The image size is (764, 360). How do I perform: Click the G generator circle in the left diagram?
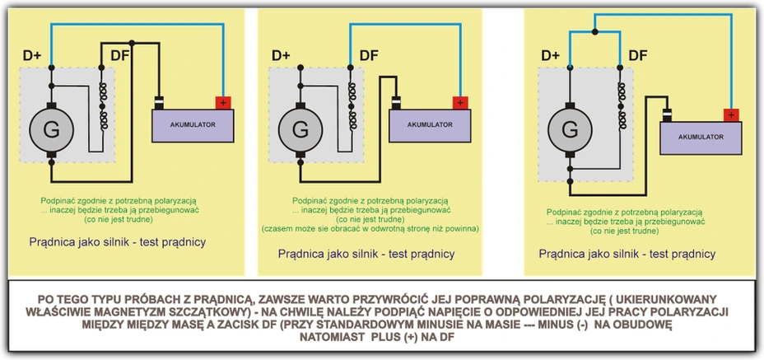pos(50,129)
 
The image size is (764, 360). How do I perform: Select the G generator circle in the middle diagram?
pos(300,129)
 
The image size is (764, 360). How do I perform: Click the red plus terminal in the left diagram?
pos(223,103)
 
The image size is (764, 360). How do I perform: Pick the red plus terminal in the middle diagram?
pos(459,103)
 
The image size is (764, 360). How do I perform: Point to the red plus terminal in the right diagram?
pos(729,115)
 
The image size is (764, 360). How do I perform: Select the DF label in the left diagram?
pos(119,56)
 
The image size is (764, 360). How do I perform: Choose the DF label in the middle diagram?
pos(369,56)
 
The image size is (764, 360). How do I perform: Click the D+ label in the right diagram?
pos(552,56)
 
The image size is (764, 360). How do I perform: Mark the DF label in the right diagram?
pos(638,56)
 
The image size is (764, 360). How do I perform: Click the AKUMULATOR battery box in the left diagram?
pos(193,124)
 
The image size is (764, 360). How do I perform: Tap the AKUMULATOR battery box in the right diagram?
pos(701,136)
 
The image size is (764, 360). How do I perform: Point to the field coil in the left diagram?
pos(104,107)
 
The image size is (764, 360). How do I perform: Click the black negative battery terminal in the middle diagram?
pos(397,103)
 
